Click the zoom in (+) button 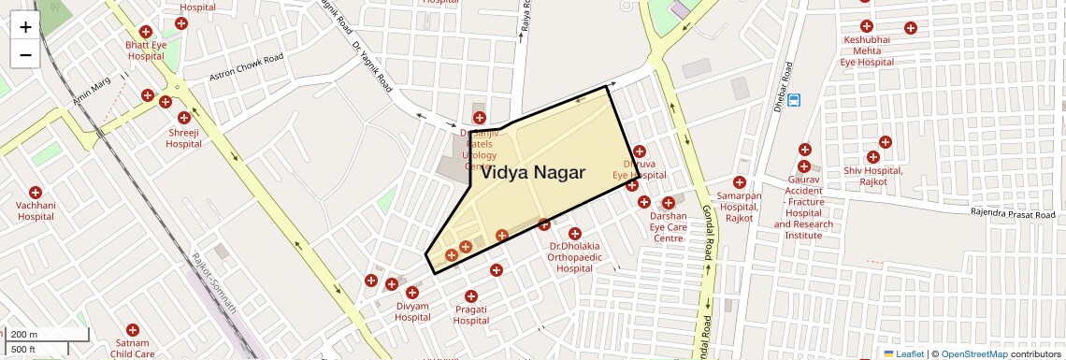(x=25, y=27)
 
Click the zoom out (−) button (x=25, y=55)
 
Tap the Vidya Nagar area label (x=532, y=173)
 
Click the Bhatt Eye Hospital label (x=146, y=50)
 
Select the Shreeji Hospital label (x=184, y=138)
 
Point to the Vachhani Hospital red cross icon (x=36, y=192)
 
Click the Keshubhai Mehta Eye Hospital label (x=867, y=50)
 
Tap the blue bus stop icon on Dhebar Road (x=794, y=99)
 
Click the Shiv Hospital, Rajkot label (x=872, y=176)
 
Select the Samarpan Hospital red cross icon (x=740, y=182)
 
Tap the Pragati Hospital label (x=471, y=315)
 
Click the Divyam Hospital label (x=412, y=311)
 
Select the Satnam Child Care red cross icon (x=133, y=330)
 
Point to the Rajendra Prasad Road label (x=1014, y=213)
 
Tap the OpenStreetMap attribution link (x=973, y=353)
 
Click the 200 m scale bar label (x=24, y=335)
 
